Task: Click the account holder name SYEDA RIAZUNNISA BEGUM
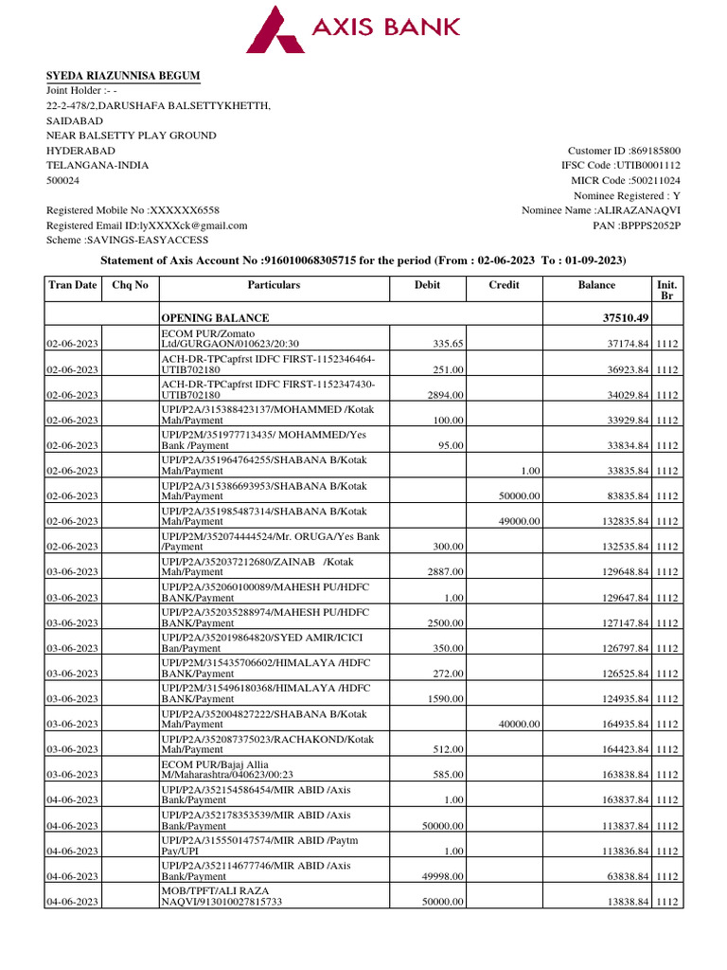pyautogui.click(x=123, y=76)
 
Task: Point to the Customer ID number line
pyautogui.click(x=624, y=151)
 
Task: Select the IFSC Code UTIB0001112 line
pyautogui.click(x=620, y=166)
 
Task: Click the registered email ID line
pyautogui.click(x=147, y=225)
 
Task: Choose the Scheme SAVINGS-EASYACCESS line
pyautogui.click(x=128, y=241)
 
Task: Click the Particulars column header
pyautogui.click(x=274, y=285)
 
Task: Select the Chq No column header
pyautogui.click(x=131, y=285)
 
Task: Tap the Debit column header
pyautogui.click(x=427, y=285)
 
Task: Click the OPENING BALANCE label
pyautogui.click(x=215, y=318)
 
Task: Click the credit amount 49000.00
pyautogui.click(x=520, y=521)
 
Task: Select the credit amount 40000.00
pyautogui.click(x=520, y=724)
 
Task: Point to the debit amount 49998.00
pyautogui.click(x=444, y=876)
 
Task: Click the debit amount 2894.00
pyautogui.click(x=444, y=395)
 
